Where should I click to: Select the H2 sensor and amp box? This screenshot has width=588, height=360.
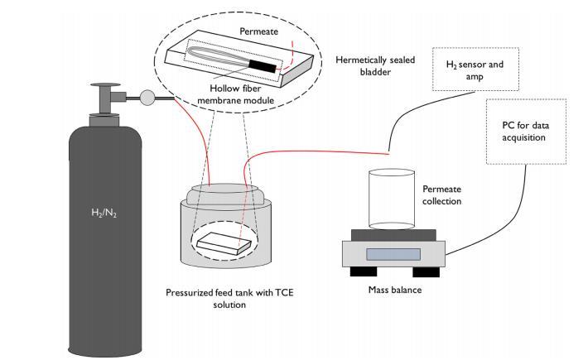pos(460,70)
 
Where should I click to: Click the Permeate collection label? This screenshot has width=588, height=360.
pos(441,195)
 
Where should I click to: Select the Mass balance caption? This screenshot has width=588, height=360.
pos(393,290)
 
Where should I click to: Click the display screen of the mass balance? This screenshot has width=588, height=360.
pos(393,253)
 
